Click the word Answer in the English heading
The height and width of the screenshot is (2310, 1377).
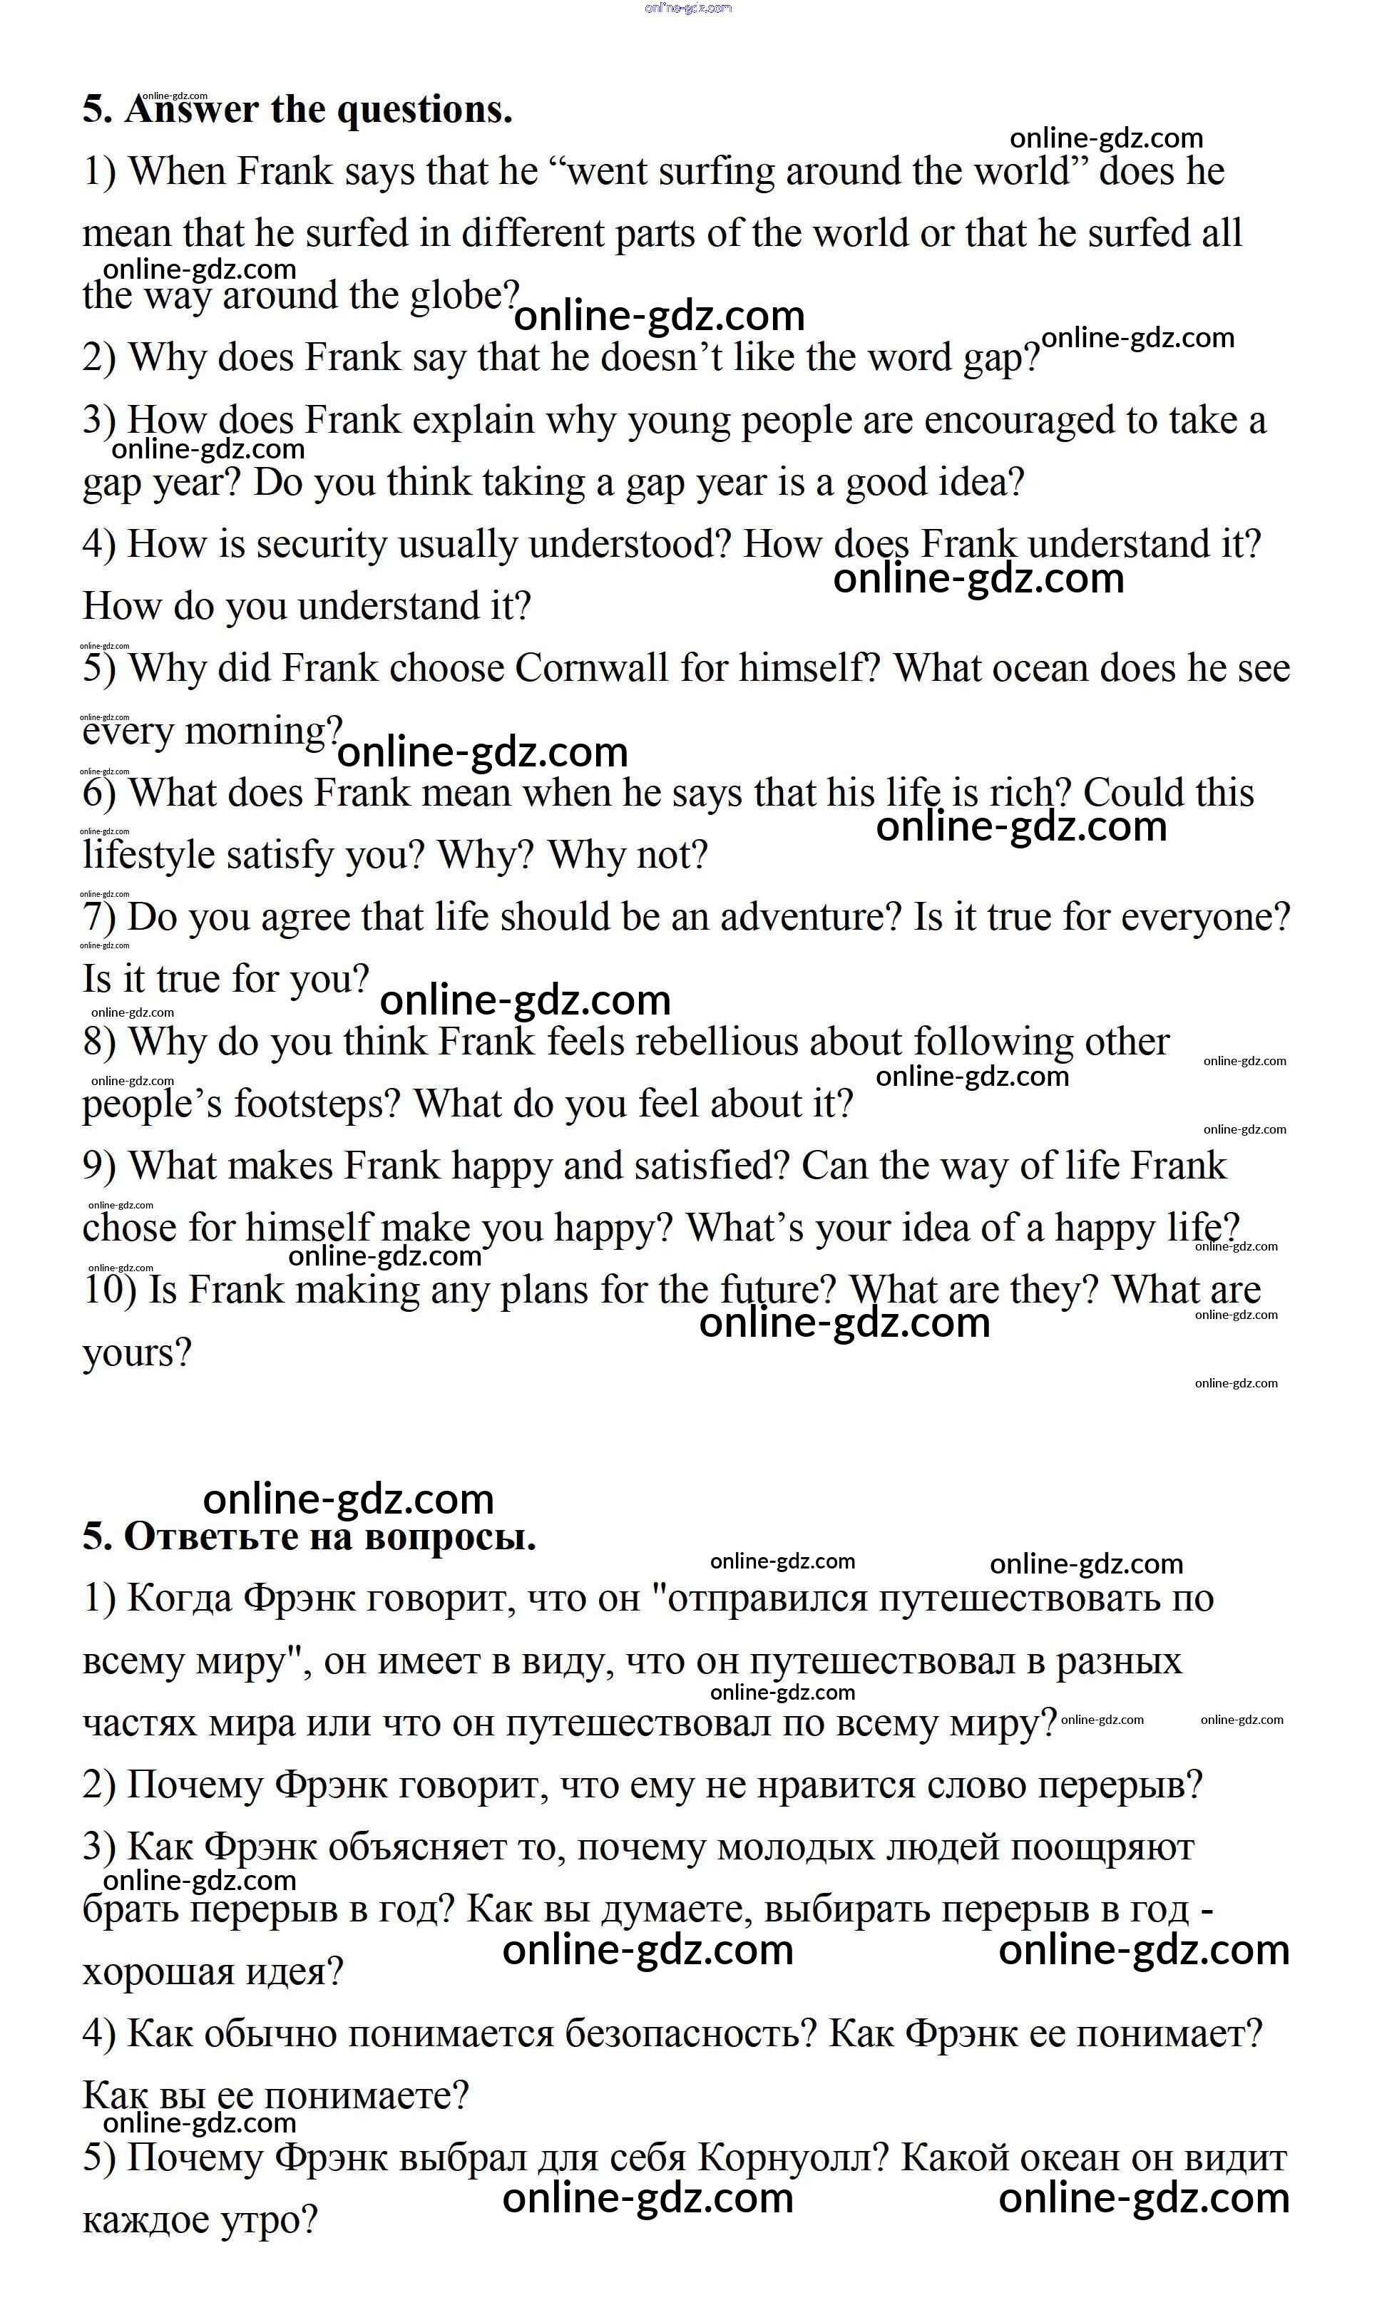pyautogui.click(x=191, y=111)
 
